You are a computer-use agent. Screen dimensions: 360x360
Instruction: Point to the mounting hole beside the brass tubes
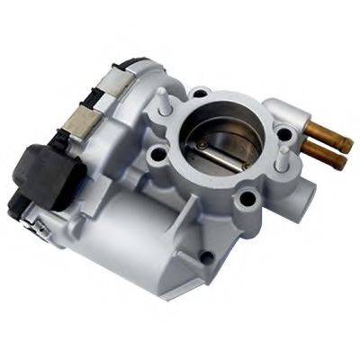click(x=284, y=136)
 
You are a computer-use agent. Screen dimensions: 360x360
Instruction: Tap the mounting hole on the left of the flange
click(x=161, y=151)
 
